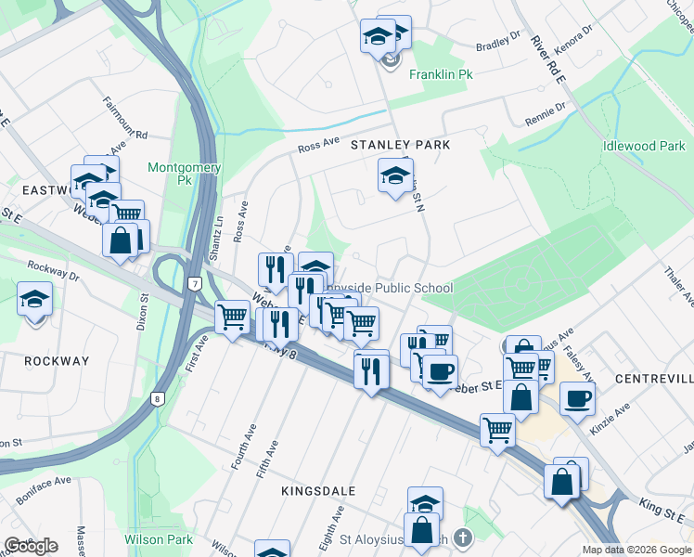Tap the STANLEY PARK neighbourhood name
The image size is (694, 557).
(400, 146)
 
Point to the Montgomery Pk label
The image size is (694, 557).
(185, 174)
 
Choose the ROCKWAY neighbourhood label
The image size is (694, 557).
(57, 361)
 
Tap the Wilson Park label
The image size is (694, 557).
(159, 539)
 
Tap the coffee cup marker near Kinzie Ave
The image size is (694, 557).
(577, 398)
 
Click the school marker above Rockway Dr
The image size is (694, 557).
(34, 299)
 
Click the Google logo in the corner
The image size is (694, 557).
(31, 546)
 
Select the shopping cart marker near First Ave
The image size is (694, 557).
(232, 317)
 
